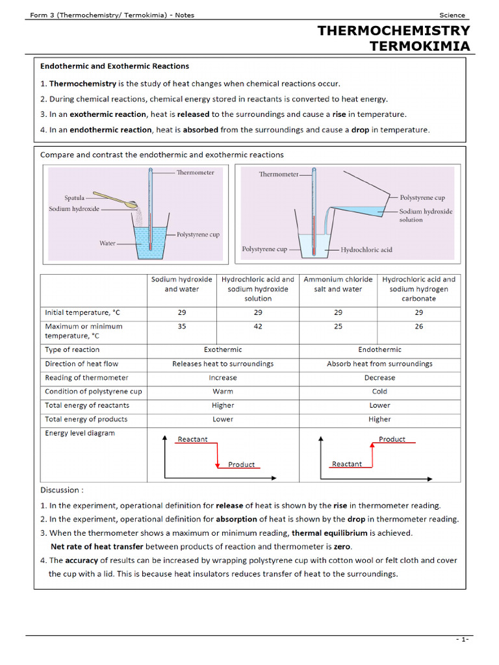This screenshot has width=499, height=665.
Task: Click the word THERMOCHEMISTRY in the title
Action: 392,31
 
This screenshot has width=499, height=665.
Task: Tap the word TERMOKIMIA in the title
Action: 419,45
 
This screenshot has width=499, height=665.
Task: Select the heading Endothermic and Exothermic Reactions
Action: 114,66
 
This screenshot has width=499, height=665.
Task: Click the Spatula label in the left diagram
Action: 75,198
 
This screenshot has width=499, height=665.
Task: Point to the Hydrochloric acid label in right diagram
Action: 366,249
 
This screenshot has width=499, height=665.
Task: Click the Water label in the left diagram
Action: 107,244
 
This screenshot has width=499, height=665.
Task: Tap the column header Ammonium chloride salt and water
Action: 338,284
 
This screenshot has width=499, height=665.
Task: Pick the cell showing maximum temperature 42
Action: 258,327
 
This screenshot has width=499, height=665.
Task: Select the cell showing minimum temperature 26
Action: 418,327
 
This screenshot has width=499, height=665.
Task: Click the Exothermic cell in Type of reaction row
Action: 223,349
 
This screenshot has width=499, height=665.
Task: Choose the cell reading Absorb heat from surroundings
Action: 379,364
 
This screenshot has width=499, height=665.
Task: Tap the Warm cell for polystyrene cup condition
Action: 223,392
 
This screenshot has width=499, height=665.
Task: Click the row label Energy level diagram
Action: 80,433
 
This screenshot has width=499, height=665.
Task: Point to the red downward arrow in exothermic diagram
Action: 217,455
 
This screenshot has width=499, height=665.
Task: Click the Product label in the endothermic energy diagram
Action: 392,440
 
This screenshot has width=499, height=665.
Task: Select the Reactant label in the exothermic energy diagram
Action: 192,440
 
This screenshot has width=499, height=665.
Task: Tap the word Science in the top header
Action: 452,16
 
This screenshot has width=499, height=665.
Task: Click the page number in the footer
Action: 462,640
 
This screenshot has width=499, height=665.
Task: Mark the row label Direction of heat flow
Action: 82,364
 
